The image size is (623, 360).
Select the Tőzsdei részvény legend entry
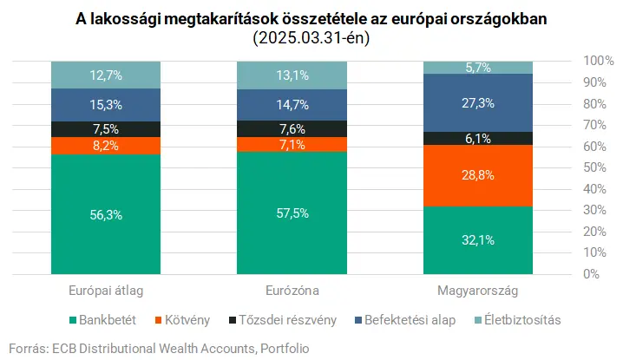click(x=280, y=320)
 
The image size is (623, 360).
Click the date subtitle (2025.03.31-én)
click(x=311, y=39)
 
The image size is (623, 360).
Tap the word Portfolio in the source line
click(x=284, y=348)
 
